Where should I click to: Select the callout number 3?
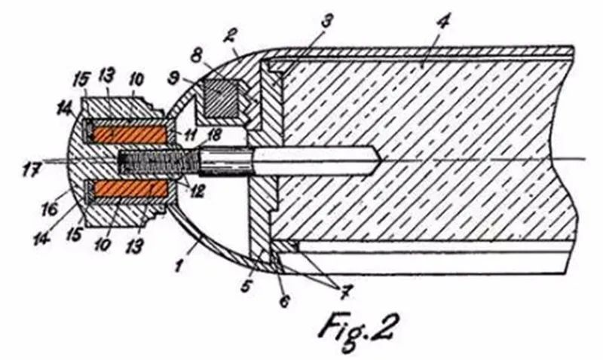tap(326, 20)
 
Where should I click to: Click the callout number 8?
tap(197, 55)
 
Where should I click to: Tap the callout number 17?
tap(31, 169)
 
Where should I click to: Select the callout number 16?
tap(51, 209)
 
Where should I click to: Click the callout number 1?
tap(178, 265)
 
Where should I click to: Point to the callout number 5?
tap(246, 285)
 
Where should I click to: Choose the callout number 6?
tap(284, 301)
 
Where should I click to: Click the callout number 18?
tap(215, 136)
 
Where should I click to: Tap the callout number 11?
tap(190, 135)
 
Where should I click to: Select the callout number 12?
tap(197, 191)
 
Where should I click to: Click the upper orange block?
tap(130, 134)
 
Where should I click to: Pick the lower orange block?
tap(130, 188)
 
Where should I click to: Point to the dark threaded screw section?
tap(158, 161)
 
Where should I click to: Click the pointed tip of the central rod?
tap(381, 161)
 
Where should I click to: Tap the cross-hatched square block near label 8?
tap(221, 98)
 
